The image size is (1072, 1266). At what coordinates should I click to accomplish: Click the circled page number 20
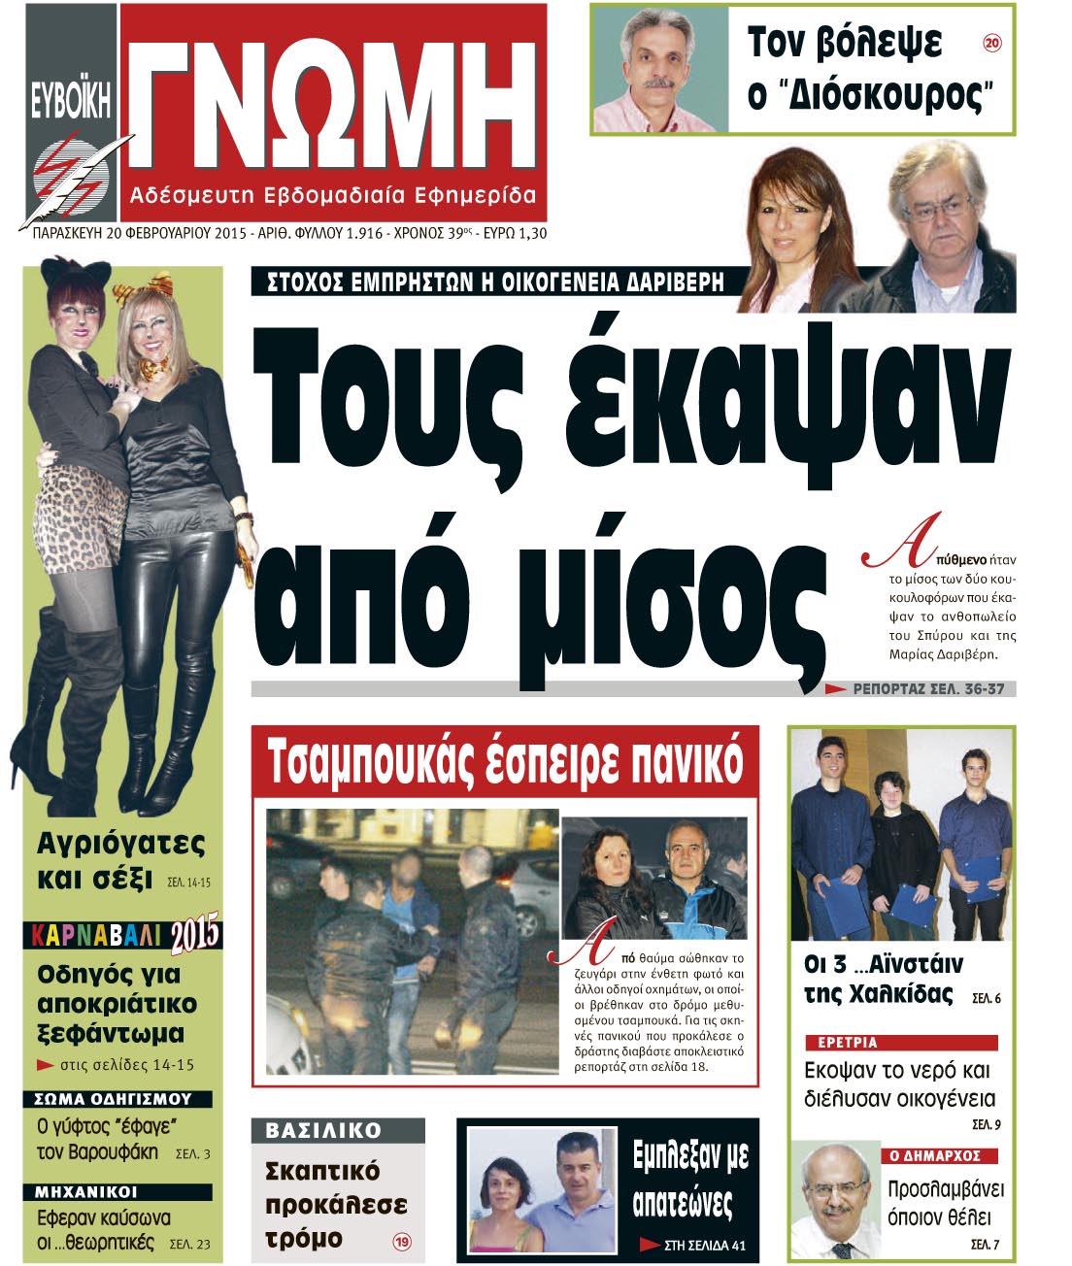(991, 43)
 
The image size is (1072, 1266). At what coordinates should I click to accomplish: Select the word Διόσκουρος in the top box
(881, 96)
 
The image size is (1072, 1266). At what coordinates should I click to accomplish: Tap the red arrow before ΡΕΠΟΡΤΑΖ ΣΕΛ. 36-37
(834, 689)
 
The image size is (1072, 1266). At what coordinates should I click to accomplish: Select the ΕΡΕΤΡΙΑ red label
(848, 1042)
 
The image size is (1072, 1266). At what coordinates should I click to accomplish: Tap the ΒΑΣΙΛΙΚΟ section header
(323, 1131)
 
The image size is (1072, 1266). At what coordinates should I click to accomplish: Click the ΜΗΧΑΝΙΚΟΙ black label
(86, 1191)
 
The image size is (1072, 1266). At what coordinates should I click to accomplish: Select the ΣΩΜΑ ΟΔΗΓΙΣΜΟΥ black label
(113, 1099)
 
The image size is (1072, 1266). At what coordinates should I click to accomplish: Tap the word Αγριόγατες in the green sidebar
(120, 843)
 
